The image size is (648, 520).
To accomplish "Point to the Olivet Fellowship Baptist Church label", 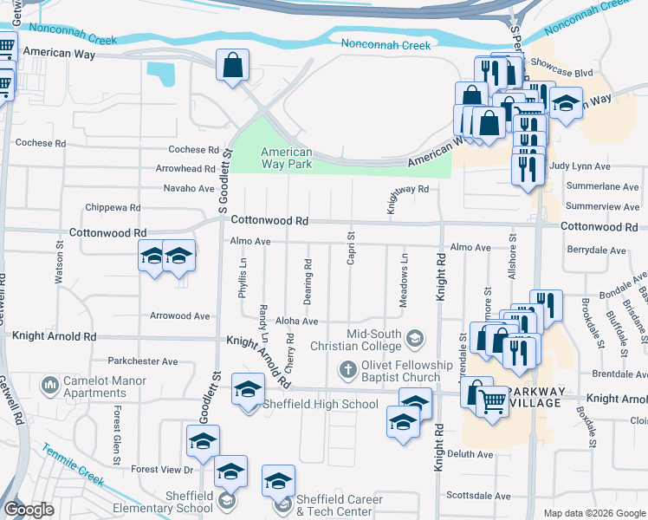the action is (x=401, y=371).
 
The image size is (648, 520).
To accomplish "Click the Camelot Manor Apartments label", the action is (x=94, y=387).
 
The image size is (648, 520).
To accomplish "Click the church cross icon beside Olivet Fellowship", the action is (x=347, y=371).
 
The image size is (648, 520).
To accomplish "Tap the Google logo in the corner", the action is (x=29, y=509).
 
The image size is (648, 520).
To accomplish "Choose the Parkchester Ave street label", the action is (x=142, y=361).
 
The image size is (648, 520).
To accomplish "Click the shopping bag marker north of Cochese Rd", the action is (x=233, y=66).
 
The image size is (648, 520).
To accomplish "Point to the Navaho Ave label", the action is (x=189, y=188).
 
